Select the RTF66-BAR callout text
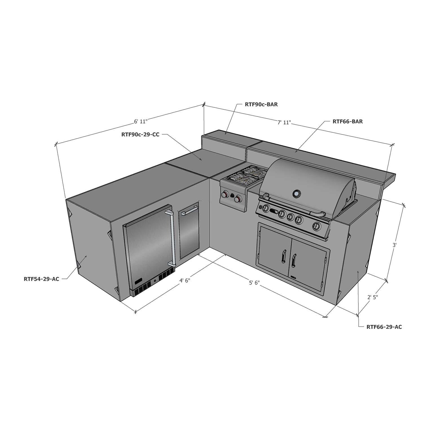(x=347, y=122)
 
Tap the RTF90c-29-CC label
(x=140, y=135)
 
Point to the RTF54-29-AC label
(x=41, y=279)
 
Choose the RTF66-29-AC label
(x=384, y=327)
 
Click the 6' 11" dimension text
(x=141, y=122)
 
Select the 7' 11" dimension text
(x=284, y=122)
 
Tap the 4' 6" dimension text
(x=185, y=281)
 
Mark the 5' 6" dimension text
(x=254, y=283)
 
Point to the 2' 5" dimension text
(x=373, y=297)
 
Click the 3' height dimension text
(x=395, y=245)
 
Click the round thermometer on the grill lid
(x=296, y=193)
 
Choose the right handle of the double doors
(x=294, y=260)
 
